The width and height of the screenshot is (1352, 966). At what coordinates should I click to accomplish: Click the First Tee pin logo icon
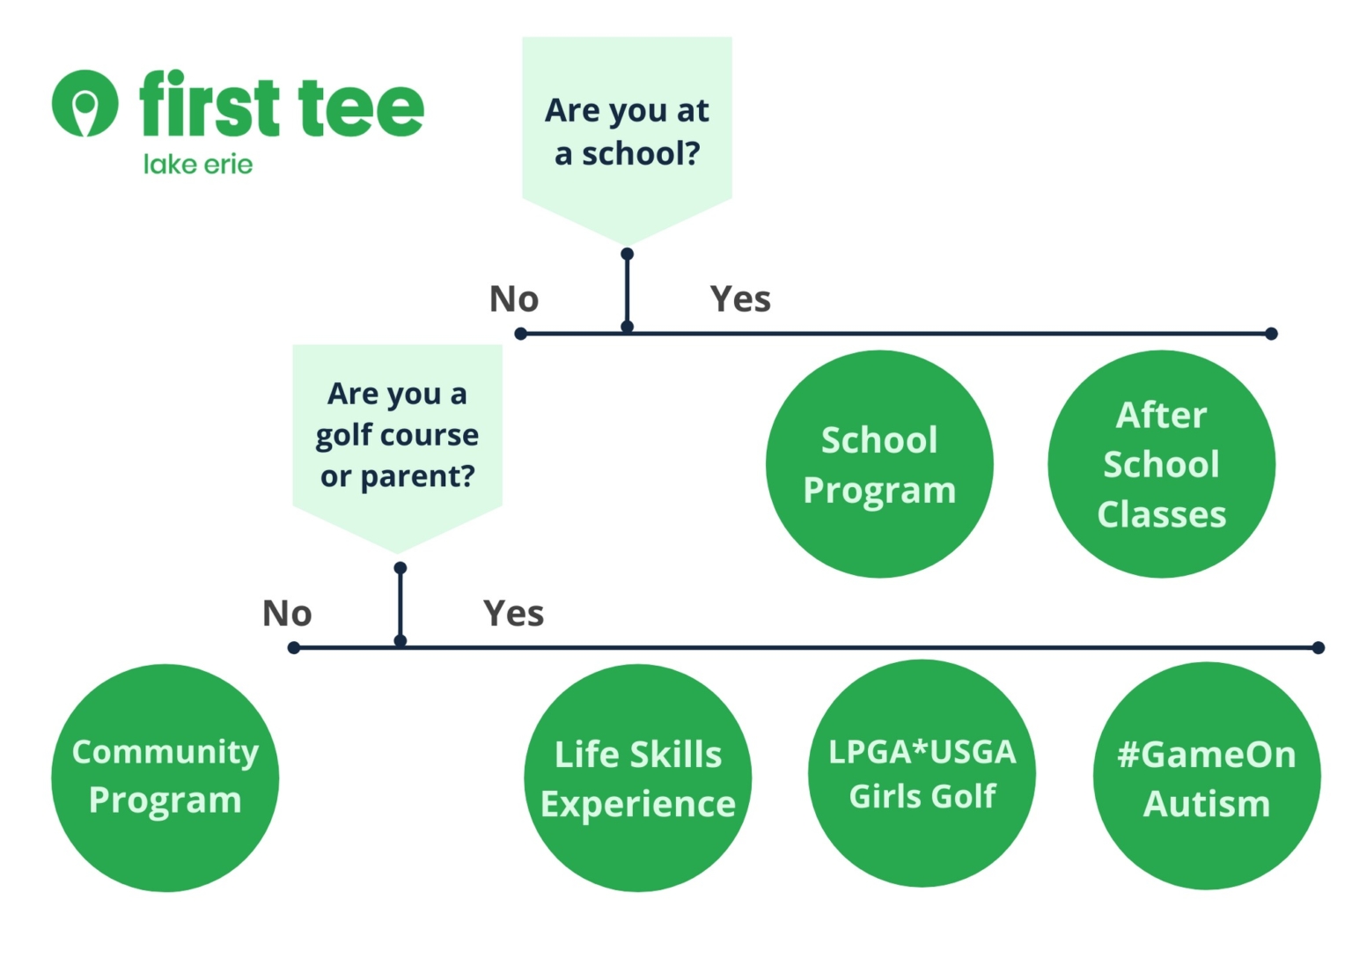coord(84,103)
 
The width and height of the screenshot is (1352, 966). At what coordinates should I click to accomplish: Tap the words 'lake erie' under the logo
coord(198,165)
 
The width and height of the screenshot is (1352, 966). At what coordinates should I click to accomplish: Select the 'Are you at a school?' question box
coord(627,132)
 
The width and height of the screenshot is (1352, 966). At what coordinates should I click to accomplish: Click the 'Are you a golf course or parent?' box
coord(397,435)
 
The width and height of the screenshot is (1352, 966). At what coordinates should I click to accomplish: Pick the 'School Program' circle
coord(879,464)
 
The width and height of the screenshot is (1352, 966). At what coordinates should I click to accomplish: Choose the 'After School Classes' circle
coord(1161,464)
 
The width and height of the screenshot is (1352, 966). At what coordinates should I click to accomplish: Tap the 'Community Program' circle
coord(165,778)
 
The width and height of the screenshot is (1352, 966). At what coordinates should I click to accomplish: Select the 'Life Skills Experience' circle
coord(638,778)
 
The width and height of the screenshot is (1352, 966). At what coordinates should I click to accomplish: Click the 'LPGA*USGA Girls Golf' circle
coord(922,773)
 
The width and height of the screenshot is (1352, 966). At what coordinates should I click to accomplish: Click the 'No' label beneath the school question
coord(514,299)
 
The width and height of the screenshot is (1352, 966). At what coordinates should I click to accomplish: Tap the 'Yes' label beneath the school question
coord(740,299)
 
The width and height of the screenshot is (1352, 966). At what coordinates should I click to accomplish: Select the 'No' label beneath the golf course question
coord(287,614)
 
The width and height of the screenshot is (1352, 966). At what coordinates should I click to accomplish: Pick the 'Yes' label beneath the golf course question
coord(513,614)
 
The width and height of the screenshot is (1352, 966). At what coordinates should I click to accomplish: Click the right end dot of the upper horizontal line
coord(1271,334)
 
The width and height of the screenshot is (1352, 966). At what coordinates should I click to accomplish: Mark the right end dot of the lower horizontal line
coord(1318,648)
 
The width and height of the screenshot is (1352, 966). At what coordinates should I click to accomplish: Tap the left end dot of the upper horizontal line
coord(521,334)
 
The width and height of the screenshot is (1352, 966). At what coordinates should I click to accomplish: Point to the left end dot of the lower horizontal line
coord(294,648)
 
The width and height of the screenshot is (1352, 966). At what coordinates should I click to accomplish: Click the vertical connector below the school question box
coord(627,291)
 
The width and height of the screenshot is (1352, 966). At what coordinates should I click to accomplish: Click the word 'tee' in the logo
coord(361,107)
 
